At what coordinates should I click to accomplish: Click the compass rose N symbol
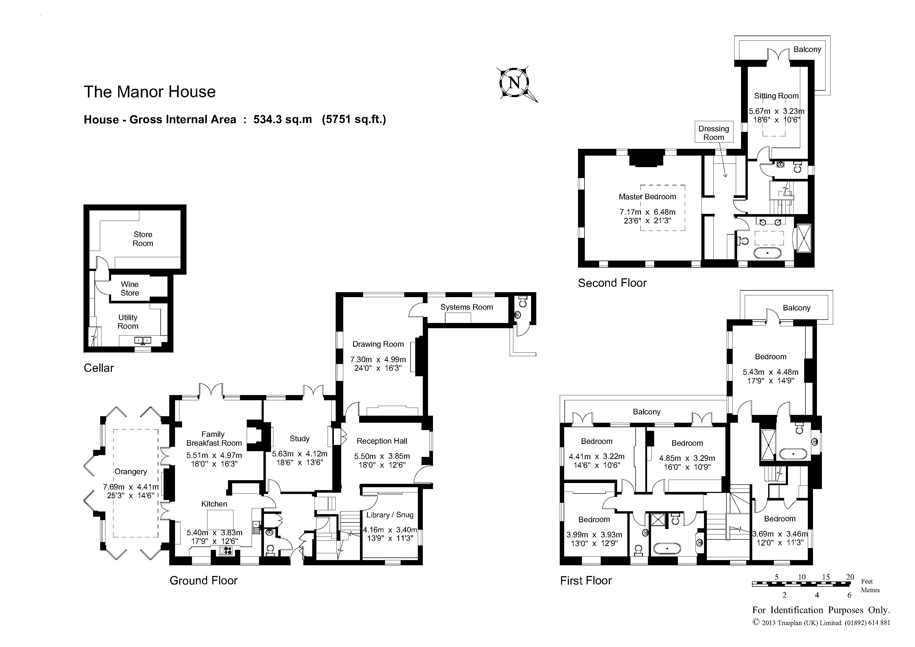(x=514, y=83)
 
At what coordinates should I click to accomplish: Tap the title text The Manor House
(x=149, y=92)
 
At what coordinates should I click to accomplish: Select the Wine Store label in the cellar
(x=130, y=289)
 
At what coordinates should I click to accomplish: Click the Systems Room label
(x=466, y=307)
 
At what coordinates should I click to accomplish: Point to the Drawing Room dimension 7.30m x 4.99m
(x=378, y=359)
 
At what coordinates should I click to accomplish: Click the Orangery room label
(x=131, y=472)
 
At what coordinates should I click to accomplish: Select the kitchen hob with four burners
(x=226, y=550)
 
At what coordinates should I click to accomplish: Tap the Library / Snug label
(x=390, y=515)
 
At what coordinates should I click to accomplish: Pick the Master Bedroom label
(x=647, y=197)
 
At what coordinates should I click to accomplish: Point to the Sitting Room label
(x=776, y=96)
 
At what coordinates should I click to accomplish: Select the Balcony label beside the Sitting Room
(x=807, y=49)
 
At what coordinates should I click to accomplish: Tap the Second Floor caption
(x=612, y=283)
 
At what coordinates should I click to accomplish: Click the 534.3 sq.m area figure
(x=282, y=120)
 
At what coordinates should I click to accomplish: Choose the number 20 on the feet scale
(x=850, y=577)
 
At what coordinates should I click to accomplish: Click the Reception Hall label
(x=382, y=441)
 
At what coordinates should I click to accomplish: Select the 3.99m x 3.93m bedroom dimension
(x=594, y=534)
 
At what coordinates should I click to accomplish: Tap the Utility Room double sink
(x=143, y=340)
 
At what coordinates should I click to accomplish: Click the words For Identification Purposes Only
(x=821, y=610)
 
